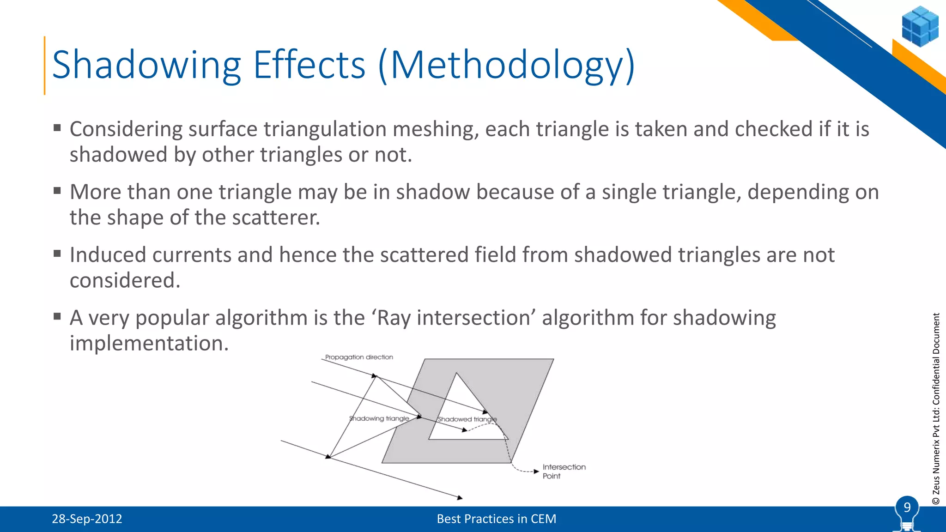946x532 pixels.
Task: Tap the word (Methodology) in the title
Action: click(507, 66)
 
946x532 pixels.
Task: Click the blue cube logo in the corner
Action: click(920, 26)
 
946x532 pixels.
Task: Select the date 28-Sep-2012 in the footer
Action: click(87, 519)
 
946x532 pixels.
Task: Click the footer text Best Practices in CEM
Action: click(496, 519)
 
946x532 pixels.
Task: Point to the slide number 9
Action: click(907, 508)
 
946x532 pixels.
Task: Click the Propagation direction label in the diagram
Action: click(359, 357)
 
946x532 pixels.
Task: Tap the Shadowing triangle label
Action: click(379, 418)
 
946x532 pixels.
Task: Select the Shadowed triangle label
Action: click(467, 419)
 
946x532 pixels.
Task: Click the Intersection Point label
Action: click(564, 472)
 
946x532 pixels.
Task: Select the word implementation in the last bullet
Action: click(149, 344)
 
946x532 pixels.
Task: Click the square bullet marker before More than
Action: click(57, 191)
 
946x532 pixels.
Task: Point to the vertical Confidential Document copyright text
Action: click(936, 409)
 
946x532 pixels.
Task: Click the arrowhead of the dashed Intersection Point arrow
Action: click(536, 472)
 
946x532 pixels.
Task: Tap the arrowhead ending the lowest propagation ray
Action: click(460, 498)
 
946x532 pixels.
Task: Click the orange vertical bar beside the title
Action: click(45, 66)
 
